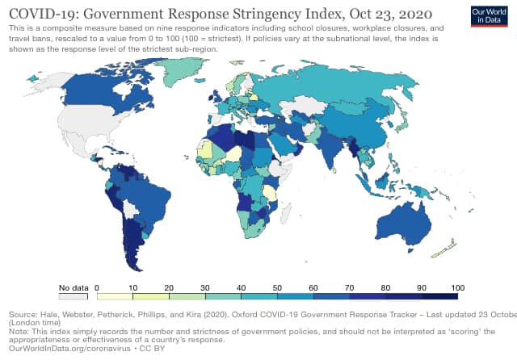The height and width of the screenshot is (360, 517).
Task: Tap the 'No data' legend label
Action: [71, 287]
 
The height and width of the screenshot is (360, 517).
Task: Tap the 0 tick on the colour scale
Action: [97, 287]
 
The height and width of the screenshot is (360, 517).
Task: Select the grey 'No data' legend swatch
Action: [71, 295]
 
